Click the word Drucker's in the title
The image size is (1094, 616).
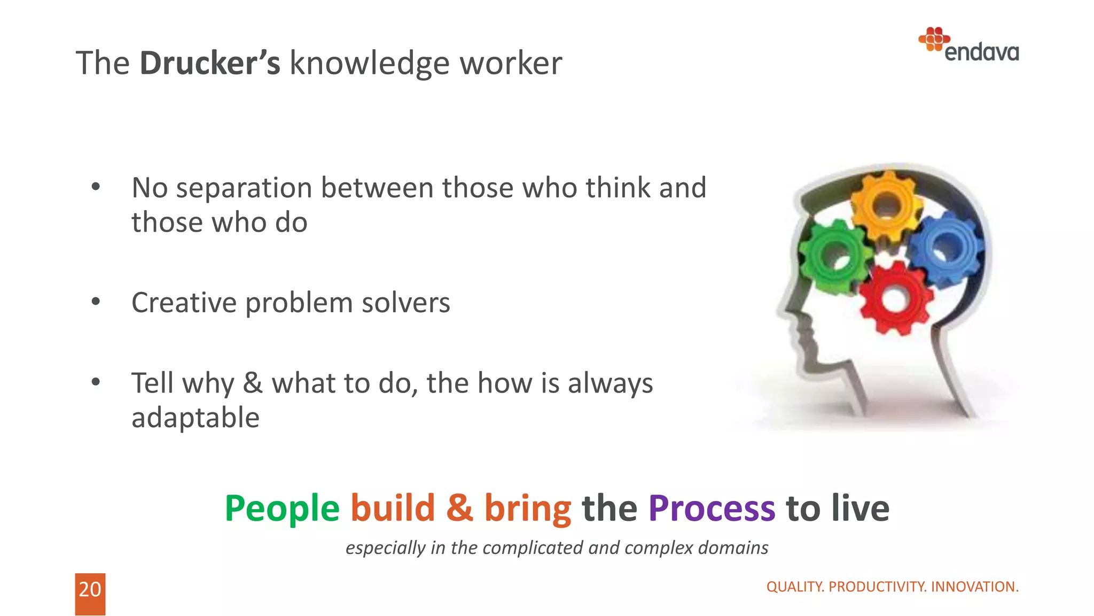click(x=209, y=63)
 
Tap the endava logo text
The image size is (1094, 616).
click(x=981, y=52)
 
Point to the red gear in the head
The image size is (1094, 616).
click(x=896, y=299)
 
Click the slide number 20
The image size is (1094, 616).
click(x=90, y=589)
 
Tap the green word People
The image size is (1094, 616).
click(x=282, y=508)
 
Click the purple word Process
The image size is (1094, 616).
click(x=711, y=508)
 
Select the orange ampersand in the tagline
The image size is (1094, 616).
click(x=459, y=508)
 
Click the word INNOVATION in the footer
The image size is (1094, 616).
click(x=974, y=587)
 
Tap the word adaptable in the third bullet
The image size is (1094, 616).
click(x=196, y=418)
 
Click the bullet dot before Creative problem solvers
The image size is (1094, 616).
click(x=96, y=302)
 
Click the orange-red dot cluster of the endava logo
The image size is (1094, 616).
click(x=934, y=39)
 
